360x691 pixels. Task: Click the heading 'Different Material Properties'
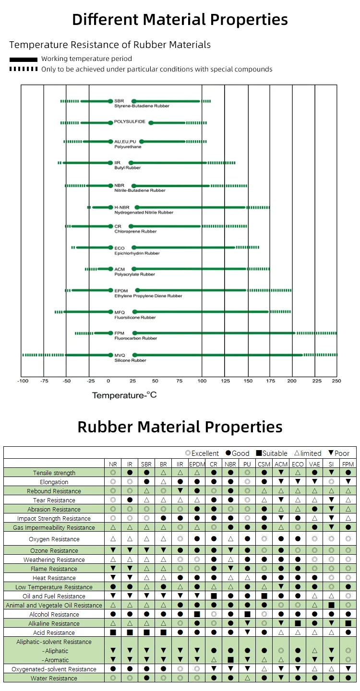coord(180,20)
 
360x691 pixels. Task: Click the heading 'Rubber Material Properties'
coord(180,427)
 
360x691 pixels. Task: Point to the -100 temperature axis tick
coord(22,381)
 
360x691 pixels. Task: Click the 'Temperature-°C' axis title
coord(124,395)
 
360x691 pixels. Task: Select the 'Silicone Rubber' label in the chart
coord(130,360)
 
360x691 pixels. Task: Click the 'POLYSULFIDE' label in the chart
coord(130,122)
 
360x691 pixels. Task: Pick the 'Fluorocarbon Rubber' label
coord(136,338)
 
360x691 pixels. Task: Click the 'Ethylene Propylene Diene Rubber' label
coord(148,296)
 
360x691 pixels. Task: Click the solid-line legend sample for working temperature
coord(23,60)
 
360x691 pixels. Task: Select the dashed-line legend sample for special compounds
coord(23,69)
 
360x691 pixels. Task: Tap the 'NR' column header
coord(113,465)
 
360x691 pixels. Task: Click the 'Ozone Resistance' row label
coord(54,551)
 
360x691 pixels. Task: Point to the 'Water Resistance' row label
coord(54,679)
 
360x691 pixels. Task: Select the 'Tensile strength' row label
coord(54,473)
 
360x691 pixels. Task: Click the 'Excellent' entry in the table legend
coord(202,453)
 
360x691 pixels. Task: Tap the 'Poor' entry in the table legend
coord(339,453)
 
